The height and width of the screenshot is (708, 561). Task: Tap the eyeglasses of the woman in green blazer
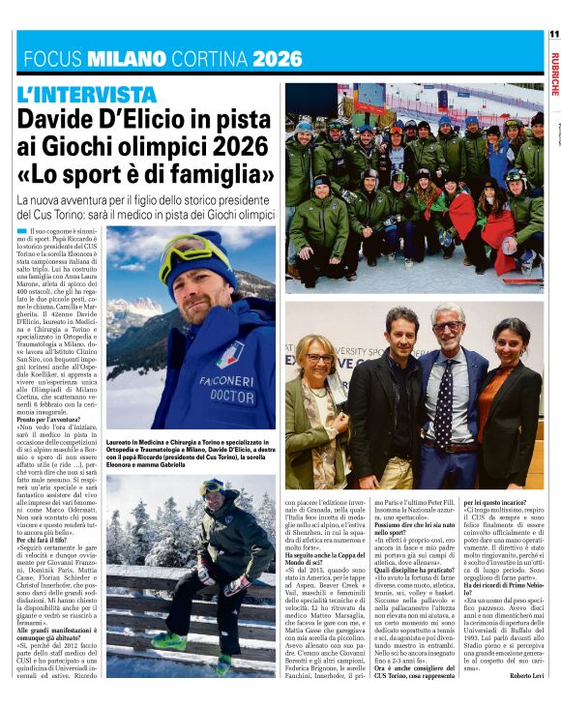320,359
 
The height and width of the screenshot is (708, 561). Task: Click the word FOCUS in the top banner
54,58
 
